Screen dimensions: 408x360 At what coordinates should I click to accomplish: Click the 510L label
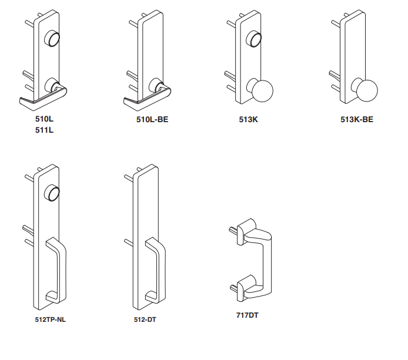(44, 119)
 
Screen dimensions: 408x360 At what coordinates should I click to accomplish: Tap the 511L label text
(44, 130)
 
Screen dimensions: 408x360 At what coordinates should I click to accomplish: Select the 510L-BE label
(152, 120)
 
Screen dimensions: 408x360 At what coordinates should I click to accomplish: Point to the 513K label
(249, 120)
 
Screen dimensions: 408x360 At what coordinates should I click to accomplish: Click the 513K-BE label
(357, 120)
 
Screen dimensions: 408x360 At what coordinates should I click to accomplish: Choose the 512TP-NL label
(50, 319)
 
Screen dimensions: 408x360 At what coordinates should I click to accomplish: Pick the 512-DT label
(145, 319)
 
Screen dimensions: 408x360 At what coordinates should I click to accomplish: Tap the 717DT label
(247, 315)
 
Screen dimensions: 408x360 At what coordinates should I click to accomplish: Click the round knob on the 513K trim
(262, 91)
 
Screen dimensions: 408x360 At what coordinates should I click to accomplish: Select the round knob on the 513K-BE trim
(367, 90)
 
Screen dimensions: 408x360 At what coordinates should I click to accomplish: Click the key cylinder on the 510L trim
(52, 39)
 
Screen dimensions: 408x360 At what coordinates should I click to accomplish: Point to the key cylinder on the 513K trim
(254, 39)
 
